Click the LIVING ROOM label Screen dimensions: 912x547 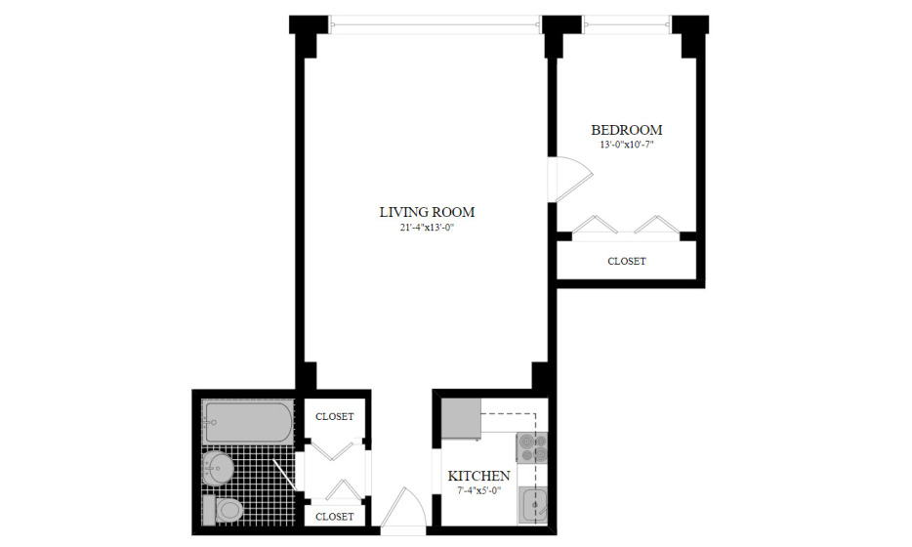(x=427, y=212)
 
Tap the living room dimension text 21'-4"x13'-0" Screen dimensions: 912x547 (x=427, y=229)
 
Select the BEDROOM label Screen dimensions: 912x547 (x=627, y=130)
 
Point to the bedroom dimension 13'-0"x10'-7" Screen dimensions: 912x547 (x=627, y=145)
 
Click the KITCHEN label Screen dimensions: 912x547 (x=478, y=476)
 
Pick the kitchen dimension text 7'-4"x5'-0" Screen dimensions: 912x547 (x=478, y=490)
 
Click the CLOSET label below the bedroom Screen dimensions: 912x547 (x=627, y=261)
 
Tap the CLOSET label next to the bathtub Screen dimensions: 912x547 (x=335, y=417)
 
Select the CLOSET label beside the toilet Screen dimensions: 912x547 (x=335, y=517)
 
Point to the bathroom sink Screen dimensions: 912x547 (x=218, y=468)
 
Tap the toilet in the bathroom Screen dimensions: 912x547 (x=223, y=510)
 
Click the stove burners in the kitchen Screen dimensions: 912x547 (x=531, y=447)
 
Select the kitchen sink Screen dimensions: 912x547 (x=533, y=503)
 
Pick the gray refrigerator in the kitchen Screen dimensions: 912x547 (x=461, y=418)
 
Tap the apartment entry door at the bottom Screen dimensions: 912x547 (x=403, y=509)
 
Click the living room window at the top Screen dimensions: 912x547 (x=435, y=24)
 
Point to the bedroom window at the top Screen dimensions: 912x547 (x=627, y=24)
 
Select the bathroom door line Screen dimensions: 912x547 (x=284, y=475)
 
